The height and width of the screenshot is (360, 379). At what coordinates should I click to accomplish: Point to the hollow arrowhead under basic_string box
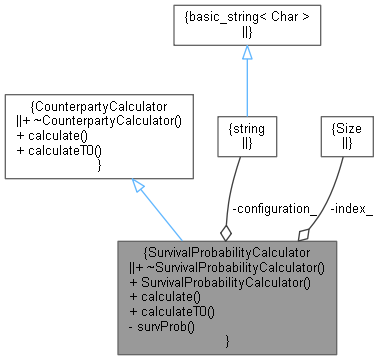[x=246, y=52]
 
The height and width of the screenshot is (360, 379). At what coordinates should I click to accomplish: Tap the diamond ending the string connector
[x=227, y=230]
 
